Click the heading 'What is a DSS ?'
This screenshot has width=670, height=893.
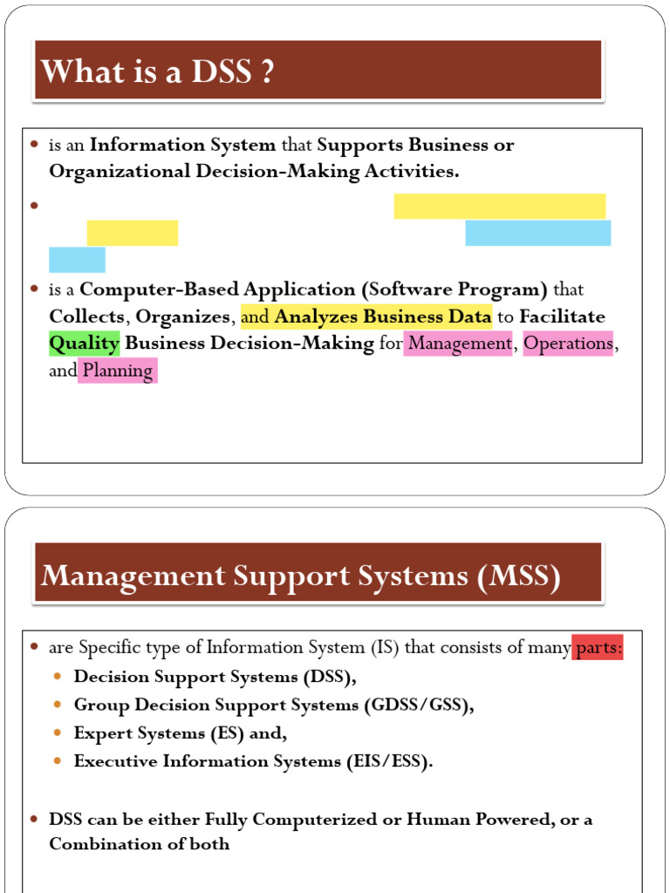tap(158, 72)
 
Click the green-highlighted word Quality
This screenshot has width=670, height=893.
tap(84, 343)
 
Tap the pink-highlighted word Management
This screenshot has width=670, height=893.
tap(460, 344)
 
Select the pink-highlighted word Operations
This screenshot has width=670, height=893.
tap(569, 344)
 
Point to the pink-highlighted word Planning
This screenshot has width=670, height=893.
tap(117, 371)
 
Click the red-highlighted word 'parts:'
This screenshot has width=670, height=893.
tap(598, 648)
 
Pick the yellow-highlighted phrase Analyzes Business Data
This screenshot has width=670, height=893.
tap(383, 317)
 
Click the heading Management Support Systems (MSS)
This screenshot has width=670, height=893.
tap(301, 576)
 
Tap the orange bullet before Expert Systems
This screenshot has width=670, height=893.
tap(58, 733)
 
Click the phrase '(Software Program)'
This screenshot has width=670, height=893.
tap(455, 290)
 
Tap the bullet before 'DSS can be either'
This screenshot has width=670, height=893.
tap(35, 820)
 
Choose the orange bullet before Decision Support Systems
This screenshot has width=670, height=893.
tap(58, 677)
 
